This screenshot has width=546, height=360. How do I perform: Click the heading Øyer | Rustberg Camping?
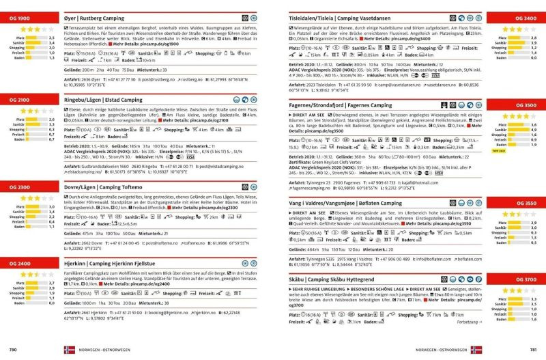point(103,16)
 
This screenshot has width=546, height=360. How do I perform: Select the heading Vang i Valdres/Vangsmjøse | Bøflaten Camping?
point(346,204)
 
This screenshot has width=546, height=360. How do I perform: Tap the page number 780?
point(12,350)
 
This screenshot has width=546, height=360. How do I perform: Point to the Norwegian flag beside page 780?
point(69,350)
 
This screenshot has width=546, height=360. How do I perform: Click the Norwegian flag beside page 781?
point(476,350)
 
